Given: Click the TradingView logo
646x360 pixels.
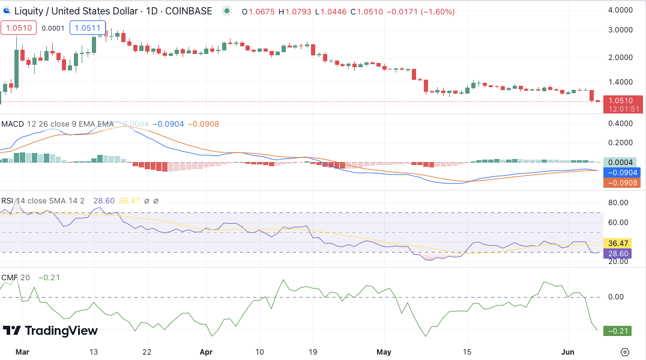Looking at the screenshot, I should point(50,331).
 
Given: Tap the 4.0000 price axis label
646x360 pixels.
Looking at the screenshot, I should point(620,10).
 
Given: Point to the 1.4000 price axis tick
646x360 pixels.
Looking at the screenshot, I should point(620,82).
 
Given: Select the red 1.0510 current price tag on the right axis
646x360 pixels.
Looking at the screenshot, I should point(624,100).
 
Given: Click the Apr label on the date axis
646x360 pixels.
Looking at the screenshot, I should point(207,352).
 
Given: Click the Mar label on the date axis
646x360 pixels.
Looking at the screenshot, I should point(22,352).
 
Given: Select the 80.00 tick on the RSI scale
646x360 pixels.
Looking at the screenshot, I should point(618,202).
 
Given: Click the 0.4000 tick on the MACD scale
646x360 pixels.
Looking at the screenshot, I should point(620,123).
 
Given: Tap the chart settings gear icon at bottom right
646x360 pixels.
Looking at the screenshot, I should point(625,352).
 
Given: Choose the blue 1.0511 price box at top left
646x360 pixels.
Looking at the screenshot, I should point(88,28).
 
